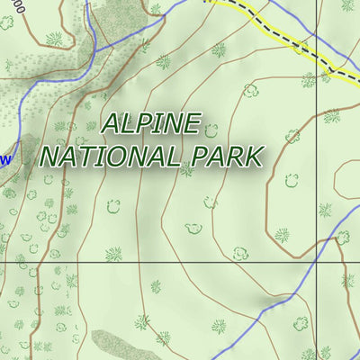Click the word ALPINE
coord(151,124)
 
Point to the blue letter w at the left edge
coord(5,160)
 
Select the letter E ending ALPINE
coord(189,124)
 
